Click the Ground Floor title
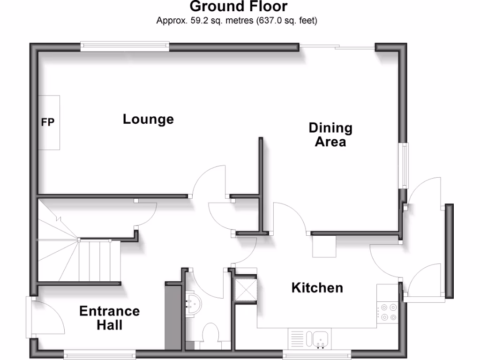click(239, 7)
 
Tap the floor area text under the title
click(237, 21)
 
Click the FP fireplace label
click(48, 122)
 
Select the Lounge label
click(148, 119)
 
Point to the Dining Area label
click(330, 135)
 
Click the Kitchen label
click(317, 287)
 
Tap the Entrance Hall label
click(109, 317)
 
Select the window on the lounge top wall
click(124, 46)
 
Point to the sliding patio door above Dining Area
click(337, 46)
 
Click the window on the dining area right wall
click(404, 165)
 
